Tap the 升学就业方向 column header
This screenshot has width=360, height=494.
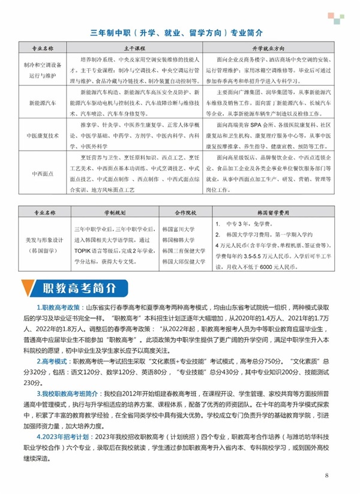272,47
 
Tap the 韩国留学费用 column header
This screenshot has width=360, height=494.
271,212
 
